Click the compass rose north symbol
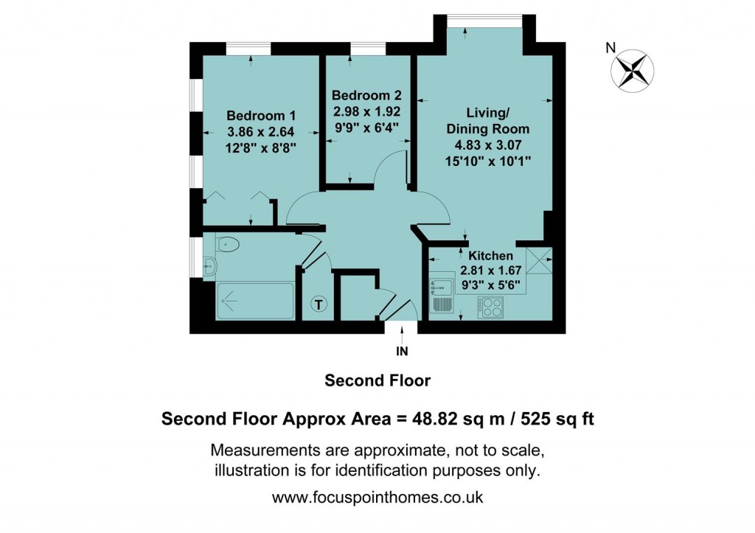coord(632,71)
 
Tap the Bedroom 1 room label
coord(260,116)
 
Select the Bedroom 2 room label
coord(366,96)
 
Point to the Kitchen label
coord(486,255)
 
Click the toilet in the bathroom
coord(228,244)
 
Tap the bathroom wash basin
coord(209,267)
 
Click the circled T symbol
coord(319,303)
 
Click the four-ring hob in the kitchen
coord(490,306)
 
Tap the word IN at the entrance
coord(403,351)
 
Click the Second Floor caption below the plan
coord(377,381)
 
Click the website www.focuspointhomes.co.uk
coord(377,498)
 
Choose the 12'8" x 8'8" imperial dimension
coord(260,147)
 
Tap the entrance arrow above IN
coord(403,333)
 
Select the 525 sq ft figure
coord(557,419)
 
